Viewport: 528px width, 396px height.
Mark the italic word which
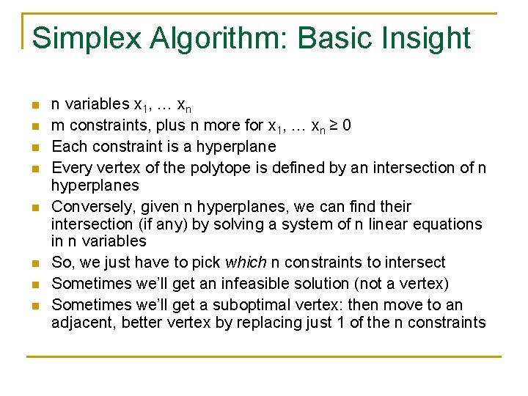point(246,263)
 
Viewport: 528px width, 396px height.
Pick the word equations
point(449,224)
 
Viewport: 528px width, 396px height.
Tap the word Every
point(71,167)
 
